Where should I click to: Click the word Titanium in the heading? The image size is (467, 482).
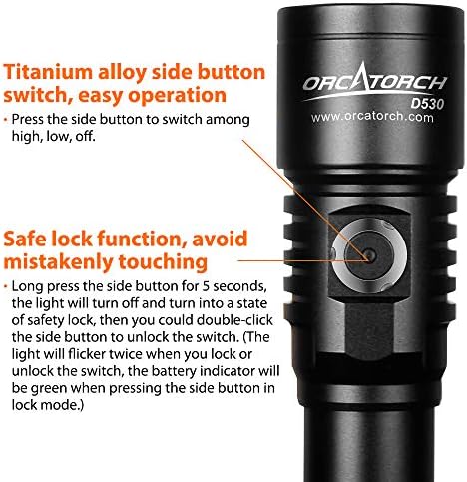click(x=48, y=72)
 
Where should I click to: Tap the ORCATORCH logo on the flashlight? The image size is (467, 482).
click(x=374, y=82)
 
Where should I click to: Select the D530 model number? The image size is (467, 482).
click(x=427, y=104)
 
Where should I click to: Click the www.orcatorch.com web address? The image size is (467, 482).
click(x=372, y=117)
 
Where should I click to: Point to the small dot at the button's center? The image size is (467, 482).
click(x=370, y=255)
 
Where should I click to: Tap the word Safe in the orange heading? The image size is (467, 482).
click(x=26, y=239)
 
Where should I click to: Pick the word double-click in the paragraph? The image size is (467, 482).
click(x=234, y=320)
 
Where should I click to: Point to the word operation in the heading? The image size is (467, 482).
click(x=177, y=96)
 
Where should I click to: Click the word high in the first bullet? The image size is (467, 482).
click(x=25, y=136)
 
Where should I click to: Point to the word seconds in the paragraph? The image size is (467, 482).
click(x=240, y=286)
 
